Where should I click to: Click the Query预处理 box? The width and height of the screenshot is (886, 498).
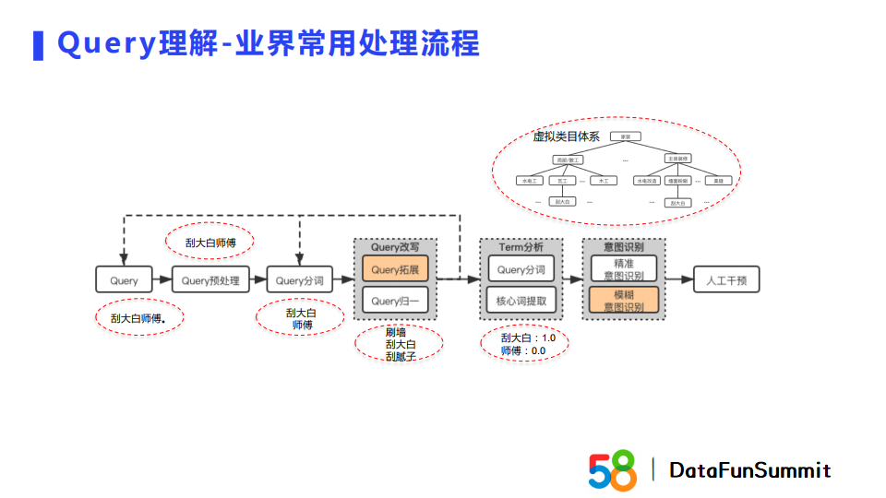[x=210, y=279]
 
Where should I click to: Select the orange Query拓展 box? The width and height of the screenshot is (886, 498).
[x=395, y=270]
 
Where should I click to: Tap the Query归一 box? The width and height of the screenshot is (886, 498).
[x=395, y=301]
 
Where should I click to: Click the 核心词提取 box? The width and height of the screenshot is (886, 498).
[x=521, y=301]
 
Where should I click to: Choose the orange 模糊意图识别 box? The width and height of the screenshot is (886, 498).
[x=624, y=301]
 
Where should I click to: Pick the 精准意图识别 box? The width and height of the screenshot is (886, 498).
[x=624, y=268]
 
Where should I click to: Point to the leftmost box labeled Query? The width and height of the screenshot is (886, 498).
[x=124, y=279]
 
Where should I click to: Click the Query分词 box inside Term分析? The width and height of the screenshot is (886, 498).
[x=521, y=270]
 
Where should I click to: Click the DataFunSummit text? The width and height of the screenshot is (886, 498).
[x=750, y=470]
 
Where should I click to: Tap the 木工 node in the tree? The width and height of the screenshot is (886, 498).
[x=604, y=181]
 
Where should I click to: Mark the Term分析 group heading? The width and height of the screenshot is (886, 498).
[x=521, y=247]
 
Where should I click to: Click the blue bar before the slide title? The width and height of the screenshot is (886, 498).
[x=38, y=45]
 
